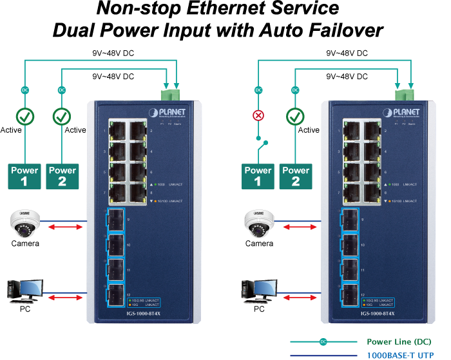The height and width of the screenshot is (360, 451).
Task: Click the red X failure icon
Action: [258, 116]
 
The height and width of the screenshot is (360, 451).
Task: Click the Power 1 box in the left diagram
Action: [24, 176]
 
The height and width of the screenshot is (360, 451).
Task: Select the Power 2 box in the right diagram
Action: [296, 176]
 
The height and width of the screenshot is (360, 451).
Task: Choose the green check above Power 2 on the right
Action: [296, 117]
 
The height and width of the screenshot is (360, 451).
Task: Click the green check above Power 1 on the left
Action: [24, 117]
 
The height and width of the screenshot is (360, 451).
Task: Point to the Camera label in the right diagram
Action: [259, 244]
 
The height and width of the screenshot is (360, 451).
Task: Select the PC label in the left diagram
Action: [25, 309]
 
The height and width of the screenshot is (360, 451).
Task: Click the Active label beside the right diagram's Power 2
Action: [309, 130]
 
